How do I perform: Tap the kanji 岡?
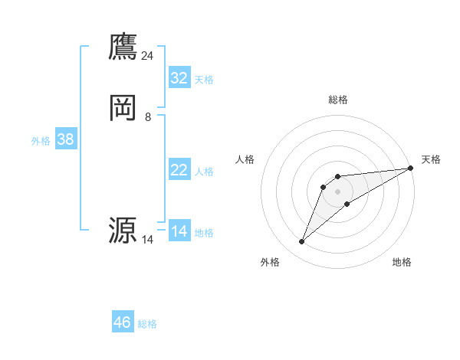(123, 108)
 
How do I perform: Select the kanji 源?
(123, 230)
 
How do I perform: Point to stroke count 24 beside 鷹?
(148, 55)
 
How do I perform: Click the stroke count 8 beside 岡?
(148, 117)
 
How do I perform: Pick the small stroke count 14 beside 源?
(148, 240)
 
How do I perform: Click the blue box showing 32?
(179, 78)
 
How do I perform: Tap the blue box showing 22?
(179, 170)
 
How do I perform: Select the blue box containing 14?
(179, 231)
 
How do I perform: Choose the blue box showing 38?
(65, 139)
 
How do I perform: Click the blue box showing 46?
(123, 322)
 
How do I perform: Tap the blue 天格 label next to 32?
(204, 80)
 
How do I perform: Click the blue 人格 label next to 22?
(204, 172)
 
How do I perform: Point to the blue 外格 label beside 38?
(41, 141)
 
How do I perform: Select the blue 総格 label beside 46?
(147, 324)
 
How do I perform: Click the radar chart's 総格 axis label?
(337, 100)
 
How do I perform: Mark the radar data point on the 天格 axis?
(410, 168)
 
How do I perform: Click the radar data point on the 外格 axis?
(301, 242)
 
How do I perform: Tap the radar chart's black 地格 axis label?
(402, 262)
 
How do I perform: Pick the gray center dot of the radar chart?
(337, 191)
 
